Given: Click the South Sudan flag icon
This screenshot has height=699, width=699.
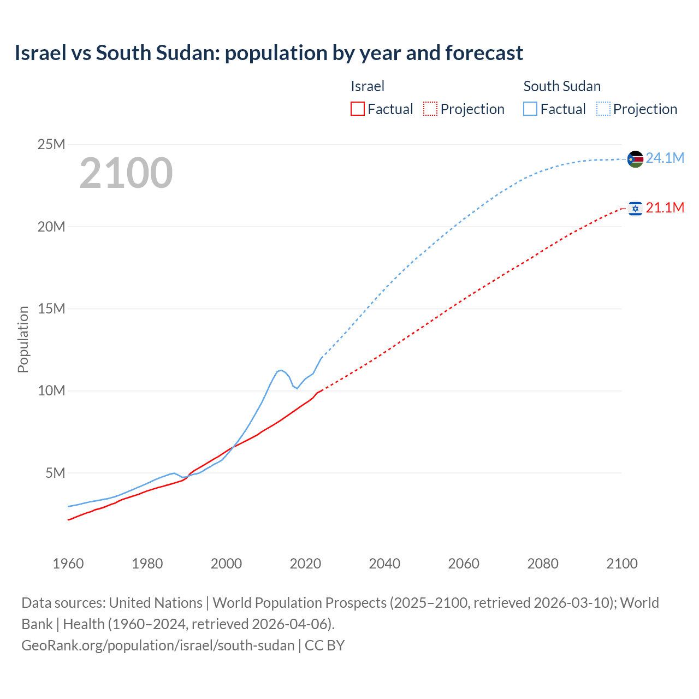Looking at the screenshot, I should tap(635, 159).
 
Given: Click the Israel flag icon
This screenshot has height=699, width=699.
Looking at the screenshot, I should tap(635, 208).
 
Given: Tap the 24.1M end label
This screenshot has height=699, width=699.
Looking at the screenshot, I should tap(665, 158).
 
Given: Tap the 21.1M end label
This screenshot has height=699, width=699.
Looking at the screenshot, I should tap(665, 208).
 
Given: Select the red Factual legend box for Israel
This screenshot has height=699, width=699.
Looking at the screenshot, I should tap(358, 109).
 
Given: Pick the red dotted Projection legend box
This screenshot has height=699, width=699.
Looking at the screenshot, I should tap(430, 109).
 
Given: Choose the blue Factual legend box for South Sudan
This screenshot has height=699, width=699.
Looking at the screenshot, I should tap(530, 109).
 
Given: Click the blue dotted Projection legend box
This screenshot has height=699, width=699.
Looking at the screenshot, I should tap(603, 109).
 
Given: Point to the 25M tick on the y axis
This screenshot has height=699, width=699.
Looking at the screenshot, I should tap(51, 145).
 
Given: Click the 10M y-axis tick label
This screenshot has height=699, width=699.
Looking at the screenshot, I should tap(51, 391).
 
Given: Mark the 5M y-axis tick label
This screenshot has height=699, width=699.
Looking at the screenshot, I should tap(55, 473).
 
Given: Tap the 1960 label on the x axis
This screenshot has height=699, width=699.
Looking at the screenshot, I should tap(68, 564).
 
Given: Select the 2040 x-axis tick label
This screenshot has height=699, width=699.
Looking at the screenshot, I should tap(384, 564).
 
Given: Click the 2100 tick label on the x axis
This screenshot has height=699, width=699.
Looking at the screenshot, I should tap(621, 564).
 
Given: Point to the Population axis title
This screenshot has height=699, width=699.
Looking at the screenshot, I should tap(23, 339).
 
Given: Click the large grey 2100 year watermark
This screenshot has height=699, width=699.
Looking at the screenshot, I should tap(126, 173).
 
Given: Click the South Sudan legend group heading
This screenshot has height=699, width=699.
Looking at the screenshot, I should tap(562, 86).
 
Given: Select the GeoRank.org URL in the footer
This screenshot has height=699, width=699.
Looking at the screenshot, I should tap(158, 645).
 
